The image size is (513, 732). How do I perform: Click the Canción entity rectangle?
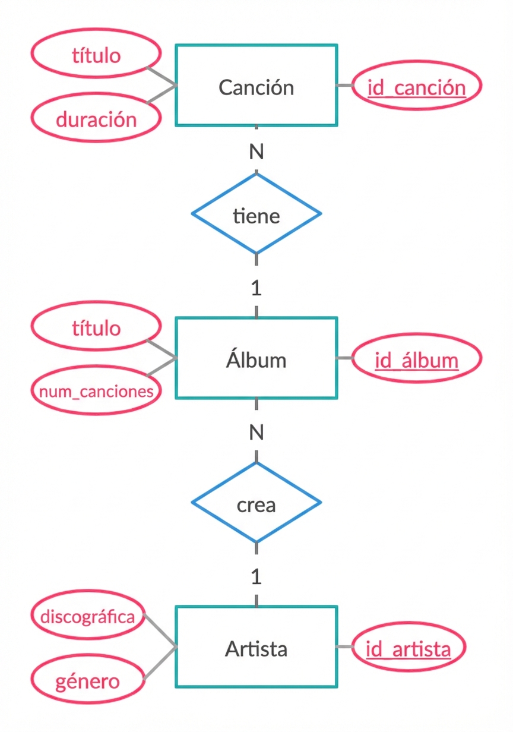[x=256, y=86]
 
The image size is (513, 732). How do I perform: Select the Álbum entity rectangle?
[x=256, y=358]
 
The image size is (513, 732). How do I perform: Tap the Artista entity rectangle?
[x=256, y=648]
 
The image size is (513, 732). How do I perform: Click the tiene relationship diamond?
[x=256, y=214]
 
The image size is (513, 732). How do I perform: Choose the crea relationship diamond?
[x=256, y=503]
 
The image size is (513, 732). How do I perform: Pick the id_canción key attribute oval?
[x=416, y=87]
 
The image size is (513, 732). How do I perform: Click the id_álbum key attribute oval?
[x=416, y=359]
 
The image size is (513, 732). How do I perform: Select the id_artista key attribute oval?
[x=408, y=648]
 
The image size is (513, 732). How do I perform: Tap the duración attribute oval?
[x=96, y=119]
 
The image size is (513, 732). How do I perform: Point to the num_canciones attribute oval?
[x=96, y=391]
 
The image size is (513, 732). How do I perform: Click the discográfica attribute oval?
[x=88, y=616]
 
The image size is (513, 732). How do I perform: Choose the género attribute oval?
[x=88, y=681]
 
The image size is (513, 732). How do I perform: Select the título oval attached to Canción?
[x=96, y=55]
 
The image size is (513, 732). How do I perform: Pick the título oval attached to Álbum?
[x=96, y=327]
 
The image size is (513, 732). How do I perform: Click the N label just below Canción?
[x=256, y=152]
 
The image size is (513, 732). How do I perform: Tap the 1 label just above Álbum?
[x=256, y=288]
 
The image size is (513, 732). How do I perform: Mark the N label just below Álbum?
[x=256, y=433]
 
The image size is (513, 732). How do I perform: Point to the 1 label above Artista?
[x=256, y=576]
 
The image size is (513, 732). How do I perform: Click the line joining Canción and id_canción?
[x=345, y=86]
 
